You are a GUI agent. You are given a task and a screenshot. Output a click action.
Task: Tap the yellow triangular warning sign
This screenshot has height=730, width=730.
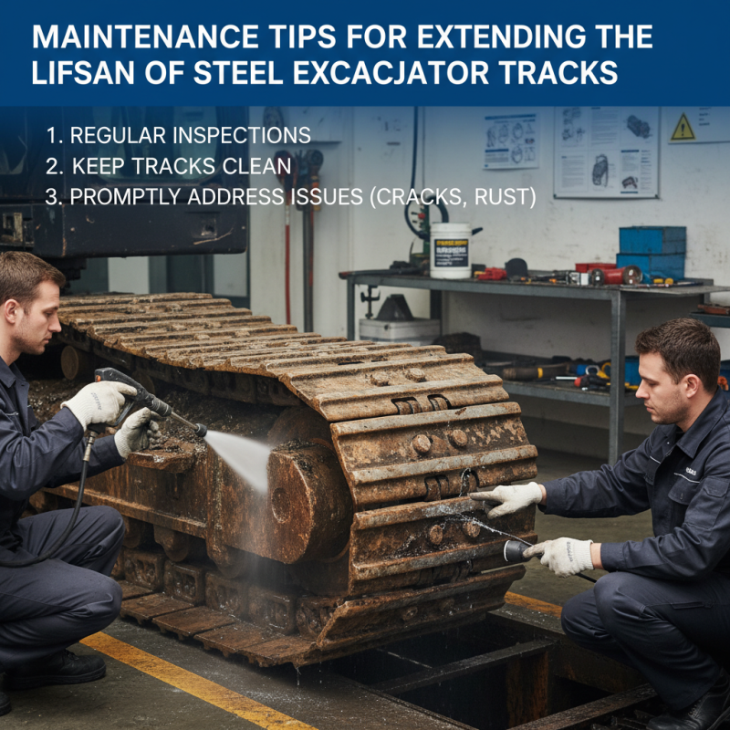[x=683, y=128]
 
